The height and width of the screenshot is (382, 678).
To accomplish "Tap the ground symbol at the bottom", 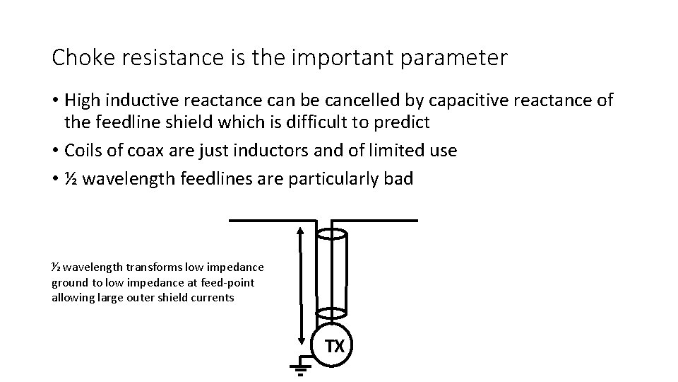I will [300, 367].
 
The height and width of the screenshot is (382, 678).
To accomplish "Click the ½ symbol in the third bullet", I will [71, 179].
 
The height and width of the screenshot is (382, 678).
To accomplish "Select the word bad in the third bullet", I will [398, 179].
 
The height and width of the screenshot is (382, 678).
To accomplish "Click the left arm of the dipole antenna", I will [272, 220].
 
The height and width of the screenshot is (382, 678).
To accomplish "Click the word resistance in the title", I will [155, 58].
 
